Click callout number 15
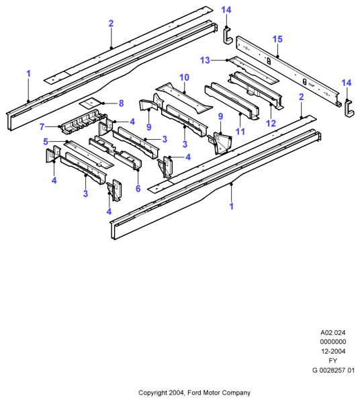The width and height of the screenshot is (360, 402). coord(277,39)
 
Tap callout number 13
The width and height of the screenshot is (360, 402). coord(205,61)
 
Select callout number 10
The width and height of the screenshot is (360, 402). coord(184,77)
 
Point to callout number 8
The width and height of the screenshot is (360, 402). coord(121,104)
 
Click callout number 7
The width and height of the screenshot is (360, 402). coord(42,126)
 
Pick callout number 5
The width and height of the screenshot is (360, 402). coord(46,142)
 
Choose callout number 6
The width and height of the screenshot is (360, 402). coord(138,188)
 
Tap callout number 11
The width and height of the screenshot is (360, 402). coord(240,132)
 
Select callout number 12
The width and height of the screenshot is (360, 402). coord(271,123)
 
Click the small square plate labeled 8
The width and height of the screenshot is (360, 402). coord(90,103)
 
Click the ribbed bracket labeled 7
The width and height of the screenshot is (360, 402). coord(83,121)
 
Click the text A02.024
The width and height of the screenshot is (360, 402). coord(333,333)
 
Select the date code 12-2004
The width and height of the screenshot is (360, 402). coord(333,351)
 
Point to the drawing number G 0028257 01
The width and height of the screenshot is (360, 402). coord(333,370)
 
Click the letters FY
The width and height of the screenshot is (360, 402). coord(333,361)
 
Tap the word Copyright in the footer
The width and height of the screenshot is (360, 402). coord(152,393)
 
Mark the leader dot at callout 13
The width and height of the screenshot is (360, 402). coord(227,61)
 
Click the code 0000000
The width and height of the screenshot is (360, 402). coord(333,341)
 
